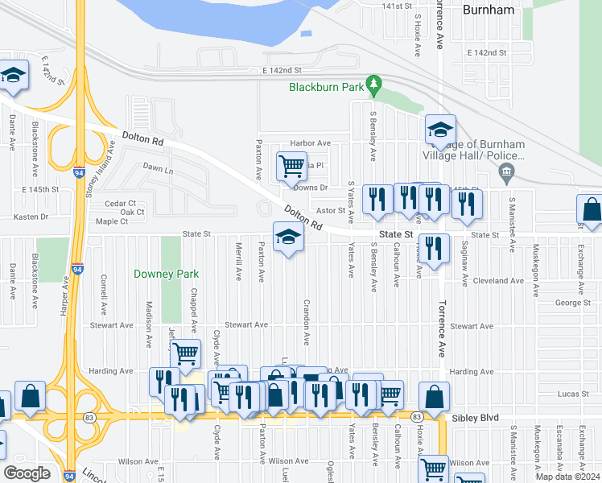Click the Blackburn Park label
point(325,87)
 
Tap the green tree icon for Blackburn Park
point(373,83)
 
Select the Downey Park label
point(166,274)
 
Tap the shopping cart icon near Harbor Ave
point(291,167)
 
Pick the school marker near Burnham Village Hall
point(440,129)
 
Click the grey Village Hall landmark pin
point(506,170)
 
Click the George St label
point(573,303)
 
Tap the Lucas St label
point(574,395)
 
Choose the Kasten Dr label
point(33,217)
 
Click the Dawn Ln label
point(158,170)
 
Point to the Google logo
point(27,473)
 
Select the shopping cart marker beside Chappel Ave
point(186,353)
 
